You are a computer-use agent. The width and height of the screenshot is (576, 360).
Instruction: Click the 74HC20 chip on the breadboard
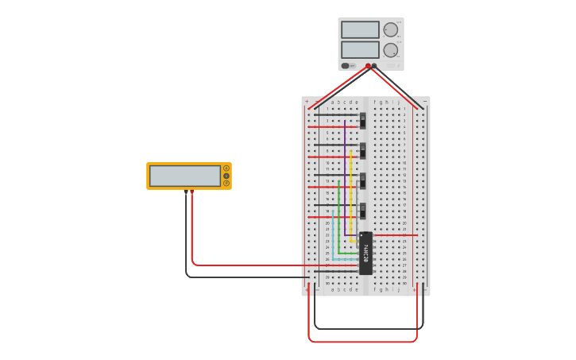(365, 253)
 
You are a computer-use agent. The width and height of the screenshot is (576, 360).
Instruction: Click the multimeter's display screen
(185, 176)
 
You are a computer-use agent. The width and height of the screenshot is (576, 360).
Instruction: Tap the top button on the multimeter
(226, 168)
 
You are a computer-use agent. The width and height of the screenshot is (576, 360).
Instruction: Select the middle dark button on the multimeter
(226, 176)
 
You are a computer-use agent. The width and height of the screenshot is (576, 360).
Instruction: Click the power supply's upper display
(360, 29)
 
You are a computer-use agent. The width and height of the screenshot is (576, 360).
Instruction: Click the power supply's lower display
(360, 49)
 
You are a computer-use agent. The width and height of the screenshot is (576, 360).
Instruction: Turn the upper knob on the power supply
(390, 30)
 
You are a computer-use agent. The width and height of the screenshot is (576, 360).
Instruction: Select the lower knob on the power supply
(390, 50)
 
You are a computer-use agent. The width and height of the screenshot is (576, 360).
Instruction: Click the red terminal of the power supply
(368, 66)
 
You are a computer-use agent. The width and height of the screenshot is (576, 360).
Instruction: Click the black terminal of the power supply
(374, 66)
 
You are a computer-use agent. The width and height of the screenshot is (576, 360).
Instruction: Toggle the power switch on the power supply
(346, 66)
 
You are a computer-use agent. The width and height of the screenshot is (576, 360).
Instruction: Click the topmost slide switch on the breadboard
(363, 120)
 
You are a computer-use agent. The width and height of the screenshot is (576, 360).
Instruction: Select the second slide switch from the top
(363, 150)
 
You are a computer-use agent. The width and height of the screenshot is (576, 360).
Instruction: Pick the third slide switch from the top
(363, 180)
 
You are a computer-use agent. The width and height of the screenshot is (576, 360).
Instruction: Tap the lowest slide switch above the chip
(363, 211)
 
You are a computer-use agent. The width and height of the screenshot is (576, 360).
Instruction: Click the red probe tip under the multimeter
(191, 192)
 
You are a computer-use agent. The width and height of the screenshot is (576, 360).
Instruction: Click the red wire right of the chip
(395, 235)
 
